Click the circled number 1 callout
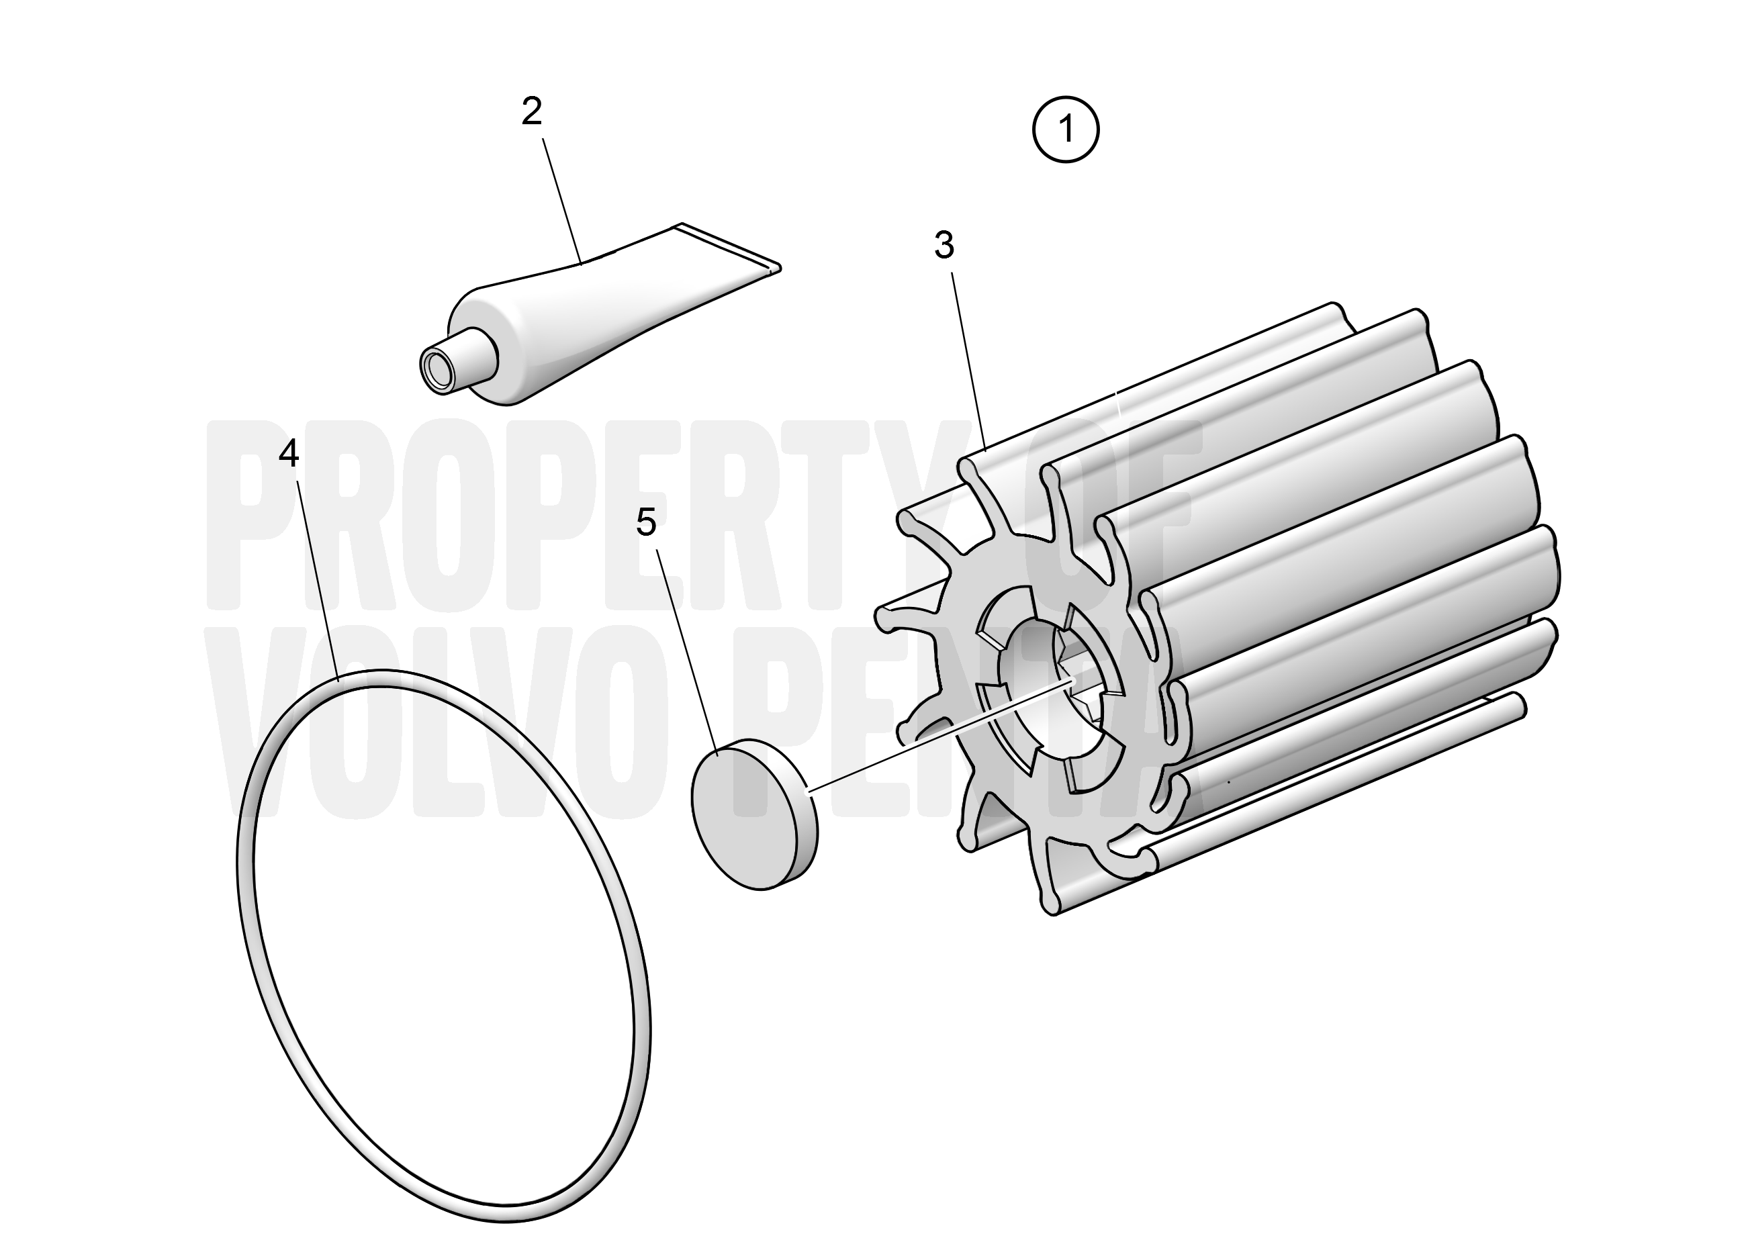pyautogui.click(x=1065, y=129)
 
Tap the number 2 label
pyautogui.click(x=531, y=112)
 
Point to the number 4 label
pyautogui.click(x=288, y=454)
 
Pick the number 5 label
pyautogui.click(x=646, y=523)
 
